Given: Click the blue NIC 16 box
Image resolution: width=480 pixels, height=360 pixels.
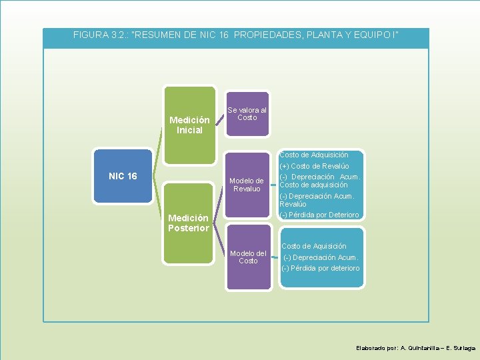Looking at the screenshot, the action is (123, 176).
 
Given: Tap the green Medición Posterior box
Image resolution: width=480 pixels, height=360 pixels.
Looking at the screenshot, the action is (189, 223).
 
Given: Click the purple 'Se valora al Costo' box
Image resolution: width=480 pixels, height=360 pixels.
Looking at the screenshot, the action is (247, 114).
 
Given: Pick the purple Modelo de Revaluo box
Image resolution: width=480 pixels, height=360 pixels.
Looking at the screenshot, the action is (247, 185).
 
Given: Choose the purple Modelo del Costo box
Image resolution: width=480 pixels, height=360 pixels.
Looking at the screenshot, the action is (248, 257).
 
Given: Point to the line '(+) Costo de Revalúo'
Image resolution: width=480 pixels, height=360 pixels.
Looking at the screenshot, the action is (315, 166).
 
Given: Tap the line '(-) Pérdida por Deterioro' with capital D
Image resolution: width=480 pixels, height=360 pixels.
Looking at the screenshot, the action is (320, 215).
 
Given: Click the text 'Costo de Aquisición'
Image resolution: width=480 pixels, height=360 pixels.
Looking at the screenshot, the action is (313, 246).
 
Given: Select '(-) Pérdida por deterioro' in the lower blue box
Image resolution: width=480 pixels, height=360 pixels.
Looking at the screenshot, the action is (321, 268).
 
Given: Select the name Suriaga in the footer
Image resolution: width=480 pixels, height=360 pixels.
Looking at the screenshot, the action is (465, 348).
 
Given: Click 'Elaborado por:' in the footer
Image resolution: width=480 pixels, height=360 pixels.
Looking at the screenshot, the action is (377, 348).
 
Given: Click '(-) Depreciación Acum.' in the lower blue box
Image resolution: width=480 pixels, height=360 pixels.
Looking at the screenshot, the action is (321, 257).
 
